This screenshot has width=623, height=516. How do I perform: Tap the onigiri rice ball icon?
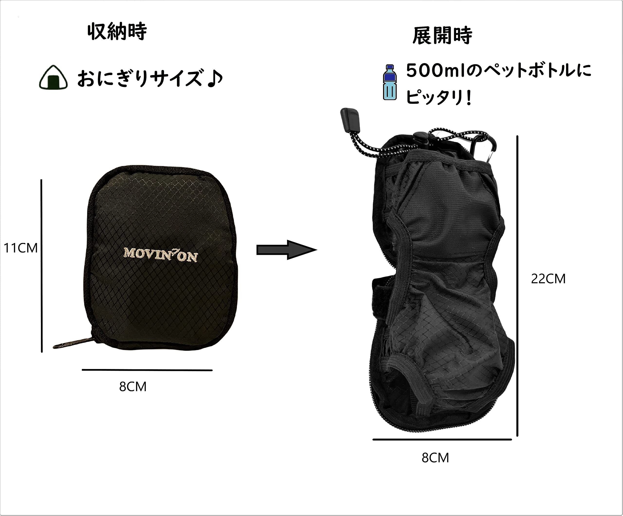click(x=53, y=77)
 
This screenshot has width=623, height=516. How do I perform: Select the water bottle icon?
click(x=390, y=82)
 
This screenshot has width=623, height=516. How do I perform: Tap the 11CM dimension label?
click(x=20, y=248)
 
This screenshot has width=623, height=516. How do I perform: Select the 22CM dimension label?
click(x=548, y=279)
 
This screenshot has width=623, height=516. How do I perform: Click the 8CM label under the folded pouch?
click(x=133, y=387)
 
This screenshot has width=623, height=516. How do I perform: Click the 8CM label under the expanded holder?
click(x=435, y=458)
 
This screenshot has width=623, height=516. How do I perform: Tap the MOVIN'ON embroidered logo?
click(x=160, y=255)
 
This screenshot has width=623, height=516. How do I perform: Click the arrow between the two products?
click(x=286, y=250)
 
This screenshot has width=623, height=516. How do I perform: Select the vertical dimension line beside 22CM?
click(x=517, y=286)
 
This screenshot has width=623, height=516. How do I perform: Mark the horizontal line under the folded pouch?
click(x=147, y=370)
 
